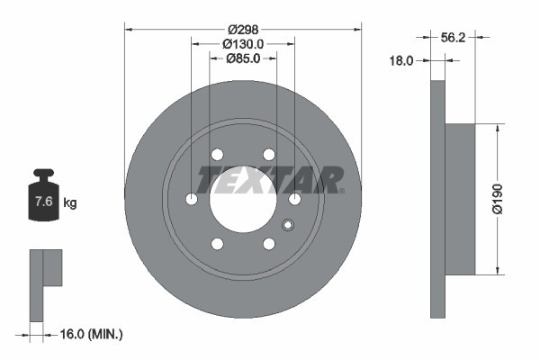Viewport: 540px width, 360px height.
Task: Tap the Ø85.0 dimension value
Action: coord(243,58)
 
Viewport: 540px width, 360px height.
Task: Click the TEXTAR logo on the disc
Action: coord(270,180)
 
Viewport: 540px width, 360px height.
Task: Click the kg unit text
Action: coord(70,203)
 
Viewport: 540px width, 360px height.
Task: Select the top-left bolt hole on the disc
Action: coord(217,154)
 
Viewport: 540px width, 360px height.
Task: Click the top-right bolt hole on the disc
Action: coord(269,154)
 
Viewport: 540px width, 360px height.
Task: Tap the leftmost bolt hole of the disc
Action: coord(191,199)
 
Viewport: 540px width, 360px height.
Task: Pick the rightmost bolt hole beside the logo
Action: coord(295,199)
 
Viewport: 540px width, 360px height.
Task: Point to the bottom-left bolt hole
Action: coord(217,243)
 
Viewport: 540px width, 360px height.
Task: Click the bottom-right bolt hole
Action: coord(269,243)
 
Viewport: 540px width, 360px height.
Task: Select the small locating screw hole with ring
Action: coord(288,225)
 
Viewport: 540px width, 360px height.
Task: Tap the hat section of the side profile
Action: coord(460,198)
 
